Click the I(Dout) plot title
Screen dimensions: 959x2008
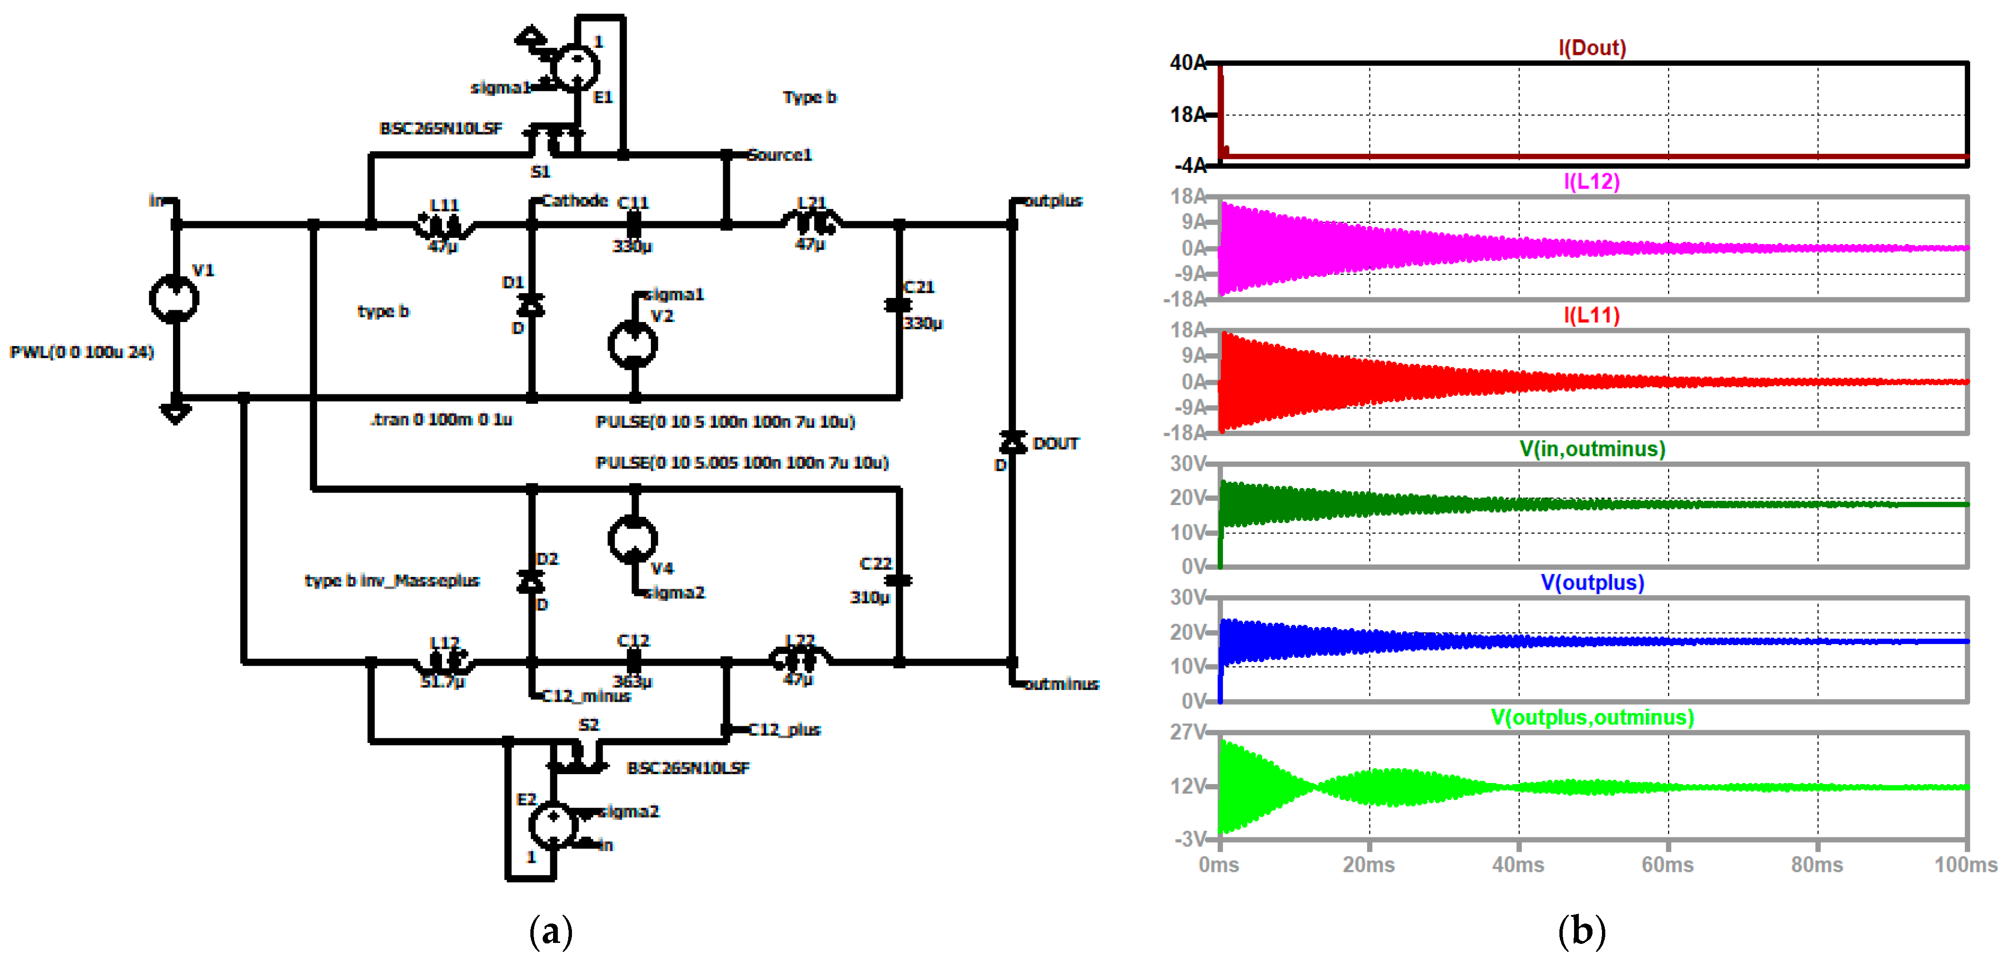1591,48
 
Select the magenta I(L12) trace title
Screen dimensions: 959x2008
1591,182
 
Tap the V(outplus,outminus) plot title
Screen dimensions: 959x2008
1591,717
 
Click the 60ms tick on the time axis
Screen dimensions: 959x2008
1667,864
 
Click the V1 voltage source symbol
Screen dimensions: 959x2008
174,298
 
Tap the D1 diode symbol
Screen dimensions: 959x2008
532,305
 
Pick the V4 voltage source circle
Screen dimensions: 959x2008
633,539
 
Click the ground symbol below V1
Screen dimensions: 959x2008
175,413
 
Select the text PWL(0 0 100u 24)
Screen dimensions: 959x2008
82,352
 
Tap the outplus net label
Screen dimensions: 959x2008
1052,201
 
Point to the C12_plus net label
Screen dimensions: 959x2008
783,730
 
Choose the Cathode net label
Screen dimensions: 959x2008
574,201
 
